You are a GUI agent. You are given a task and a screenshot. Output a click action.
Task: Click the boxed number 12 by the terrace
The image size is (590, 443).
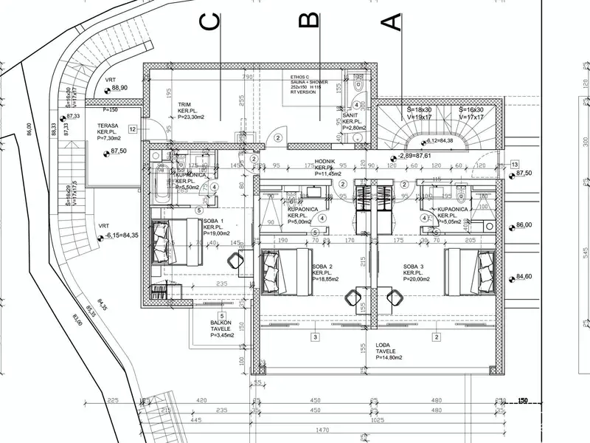click(132, 129)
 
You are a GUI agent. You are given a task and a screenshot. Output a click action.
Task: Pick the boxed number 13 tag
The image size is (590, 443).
click(515, 164)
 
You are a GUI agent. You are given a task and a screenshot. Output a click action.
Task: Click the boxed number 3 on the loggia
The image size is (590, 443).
click(315, 337)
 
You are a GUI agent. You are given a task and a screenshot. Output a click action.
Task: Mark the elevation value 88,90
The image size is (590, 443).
click(120, 88)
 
